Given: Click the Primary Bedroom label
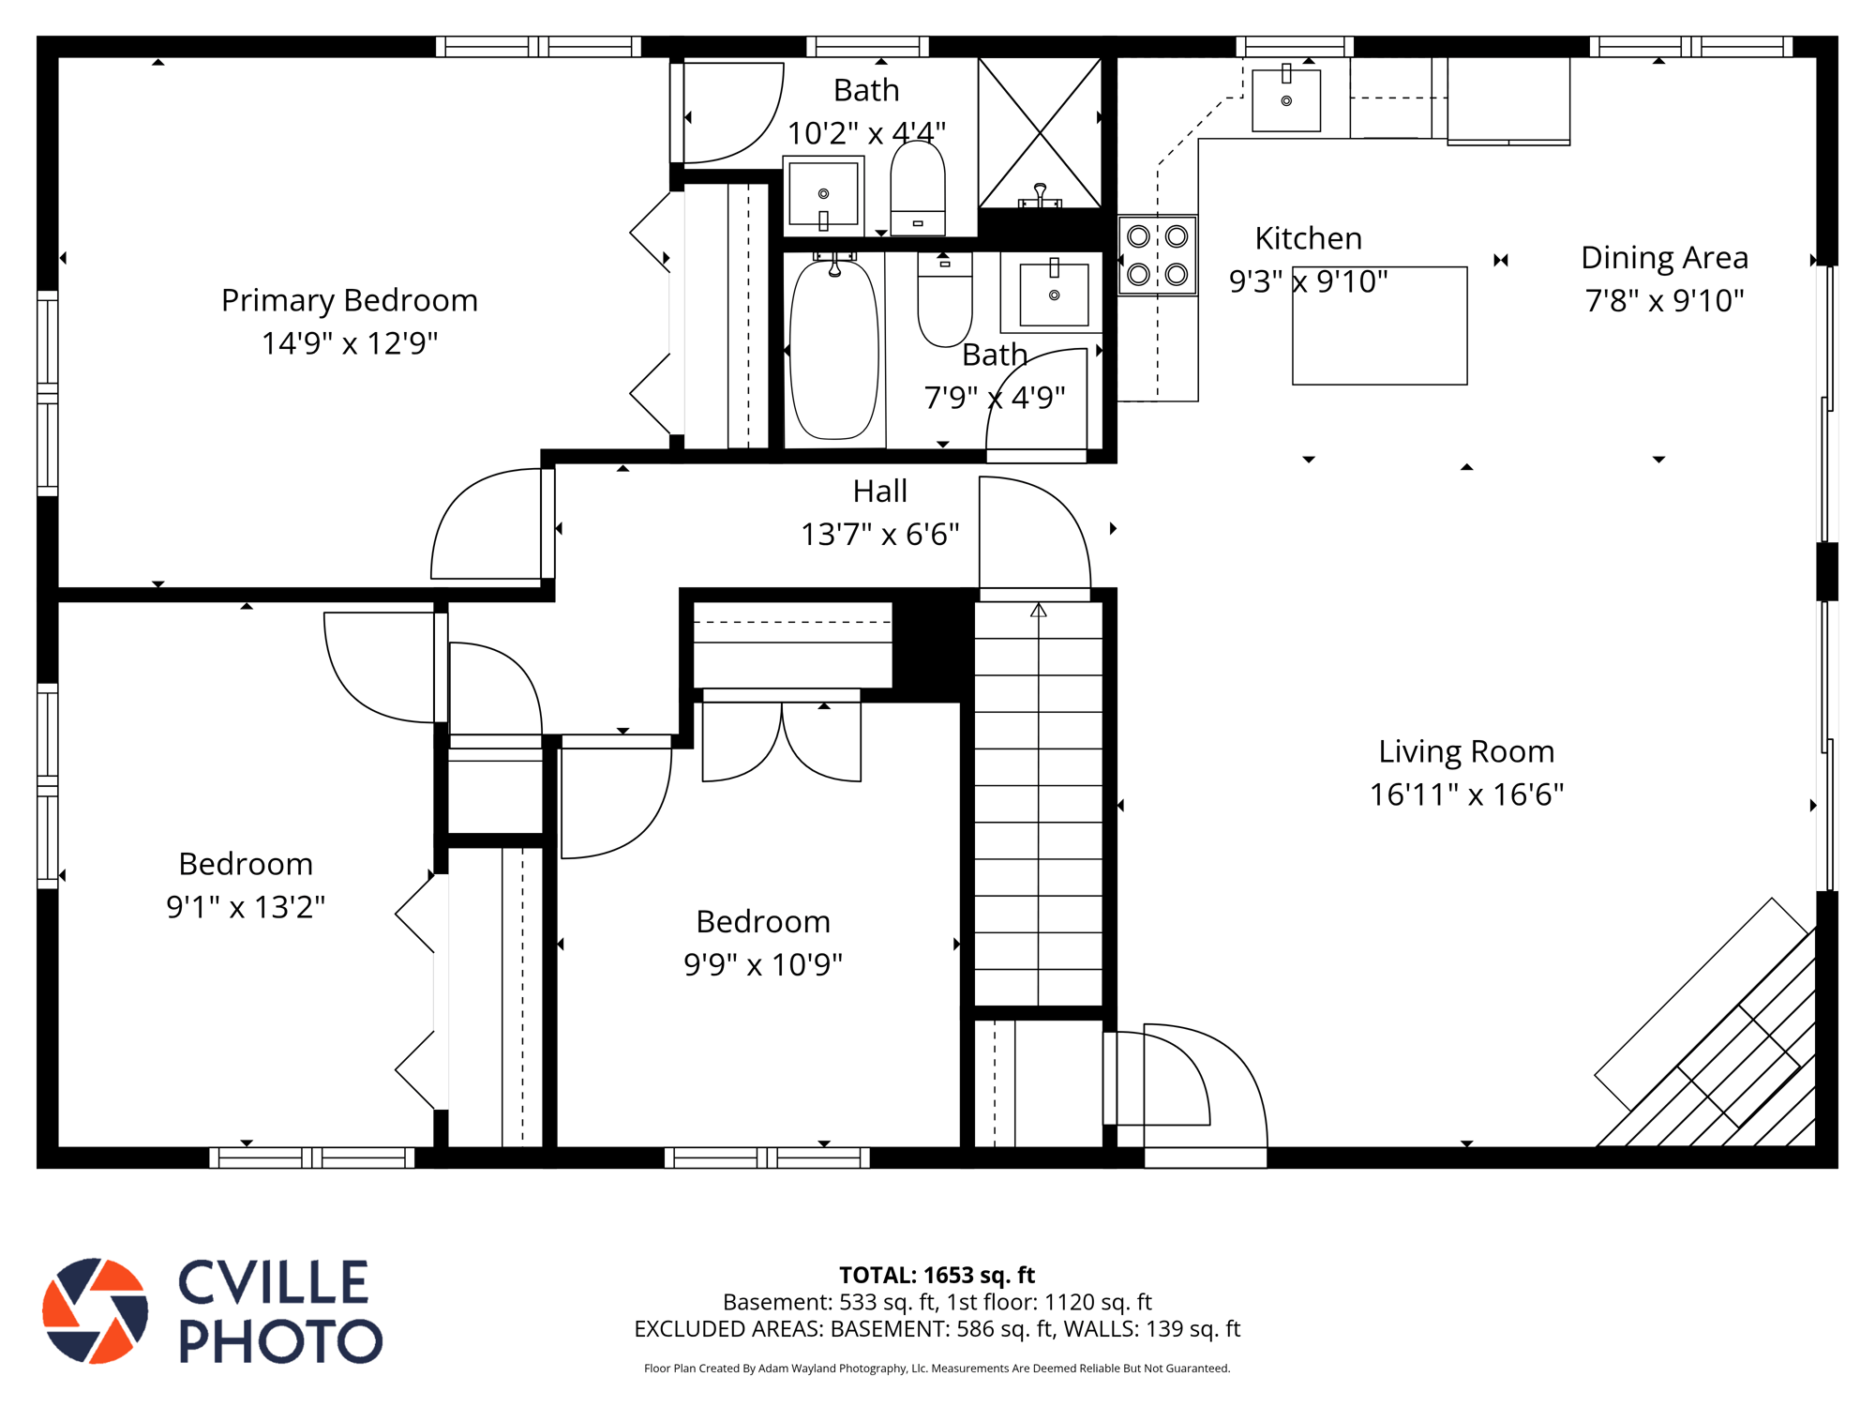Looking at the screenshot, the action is click(x=350, y=300).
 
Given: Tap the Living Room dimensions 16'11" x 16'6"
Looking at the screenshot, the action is click(x=1466, y=794).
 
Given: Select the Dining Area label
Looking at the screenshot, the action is click(x=1664, y=257).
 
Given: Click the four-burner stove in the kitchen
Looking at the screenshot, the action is click(x=1158, y=255).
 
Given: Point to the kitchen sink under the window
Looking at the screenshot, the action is click(x=1286, y=98).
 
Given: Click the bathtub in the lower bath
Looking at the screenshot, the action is click(x=834, y=349).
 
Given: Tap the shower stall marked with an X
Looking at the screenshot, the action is click(x=1040, y=132).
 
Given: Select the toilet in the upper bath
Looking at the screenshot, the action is click(x=918, y=188).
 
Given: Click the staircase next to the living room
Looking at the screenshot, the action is click(x=1039, y=804).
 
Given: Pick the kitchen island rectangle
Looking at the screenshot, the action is click(x=1380, y=325).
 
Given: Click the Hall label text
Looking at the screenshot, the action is click(x=879, y=491).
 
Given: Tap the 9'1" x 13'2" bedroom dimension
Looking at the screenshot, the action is click(x=246, y=907).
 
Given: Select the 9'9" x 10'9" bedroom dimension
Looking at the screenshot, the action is click(x=763, y=964).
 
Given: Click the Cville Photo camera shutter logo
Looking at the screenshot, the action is click(x=95, y=1310).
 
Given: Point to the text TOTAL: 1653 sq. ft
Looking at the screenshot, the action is click(x=937, y=1275).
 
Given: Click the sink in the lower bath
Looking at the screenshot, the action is click(x=1054, y=295).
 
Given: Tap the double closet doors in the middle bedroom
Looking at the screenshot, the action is click(x=782, y=741).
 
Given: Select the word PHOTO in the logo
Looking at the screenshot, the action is click(x=280, y=1340).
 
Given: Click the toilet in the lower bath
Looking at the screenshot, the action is click(x=945, y=300).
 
